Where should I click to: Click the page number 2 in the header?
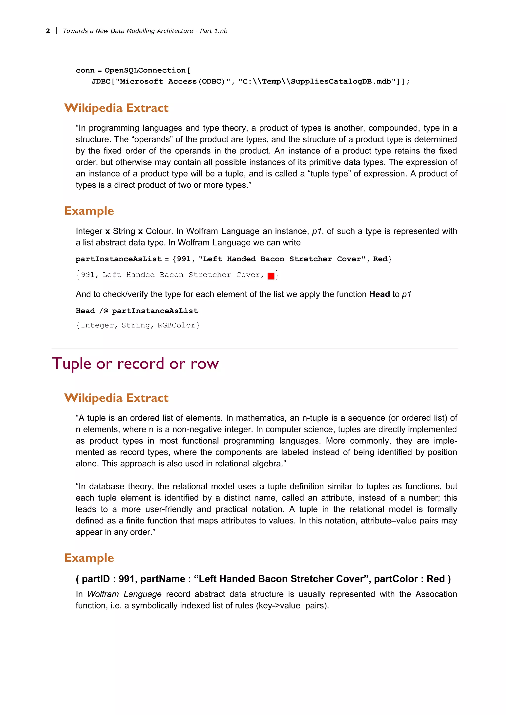click(48, 31)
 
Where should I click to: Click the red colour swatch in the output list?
click(271, 276)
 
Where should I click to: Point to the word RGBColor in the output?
click(176, 325)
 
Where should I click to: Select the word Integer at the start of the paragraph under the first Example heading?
click(89, 231)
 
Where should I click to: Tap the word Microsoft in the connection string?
click(142, 82)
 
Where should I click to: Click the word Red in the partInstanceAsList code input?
click(380, 259)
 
